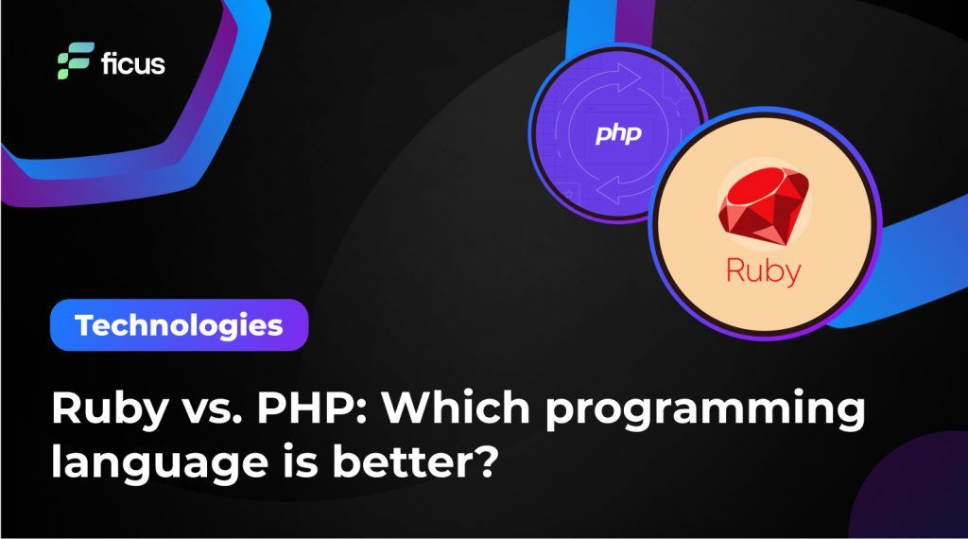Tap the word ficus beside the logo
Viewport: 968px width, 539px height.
click(132, 63)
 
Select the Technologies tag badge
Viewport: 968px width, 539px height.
click(179, 325)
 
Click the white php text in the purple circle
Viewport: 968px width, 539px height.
click(618, 134)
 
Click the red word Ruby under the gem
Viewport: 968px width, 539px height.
click(763, 270)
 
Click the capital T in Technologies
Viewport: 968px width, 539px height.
click(85, 325)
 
